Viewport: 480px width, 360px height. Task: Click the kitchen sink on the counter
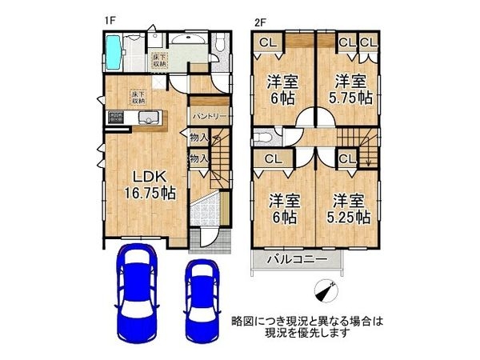click(147, 121)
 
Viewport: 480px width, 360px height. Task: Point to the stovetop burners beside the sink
click(117, 121)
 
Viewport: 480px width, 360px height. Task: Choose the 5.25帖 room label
click(350, 208)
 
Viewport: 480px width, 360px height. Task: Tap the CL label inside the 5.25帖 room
click(346, 159)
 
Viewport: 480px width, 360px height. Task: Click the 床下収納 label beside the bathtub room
click(158, 58)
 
